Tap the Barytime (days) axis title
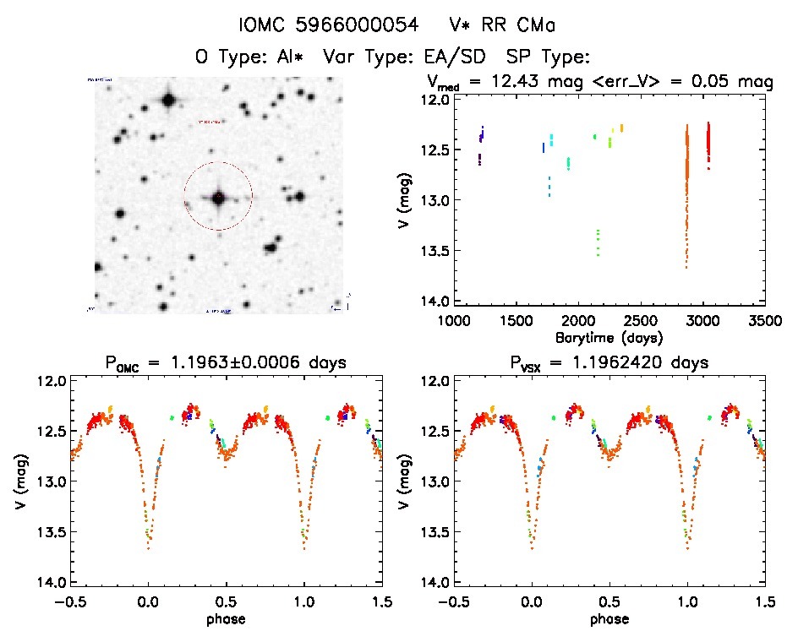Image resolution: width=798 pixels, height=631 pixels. pos(609,337)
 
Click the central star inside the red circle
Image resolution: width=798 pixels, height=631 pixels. pos(218,198)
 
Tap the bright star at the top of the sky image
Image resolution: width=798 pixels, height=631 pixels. pos(168,101)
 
